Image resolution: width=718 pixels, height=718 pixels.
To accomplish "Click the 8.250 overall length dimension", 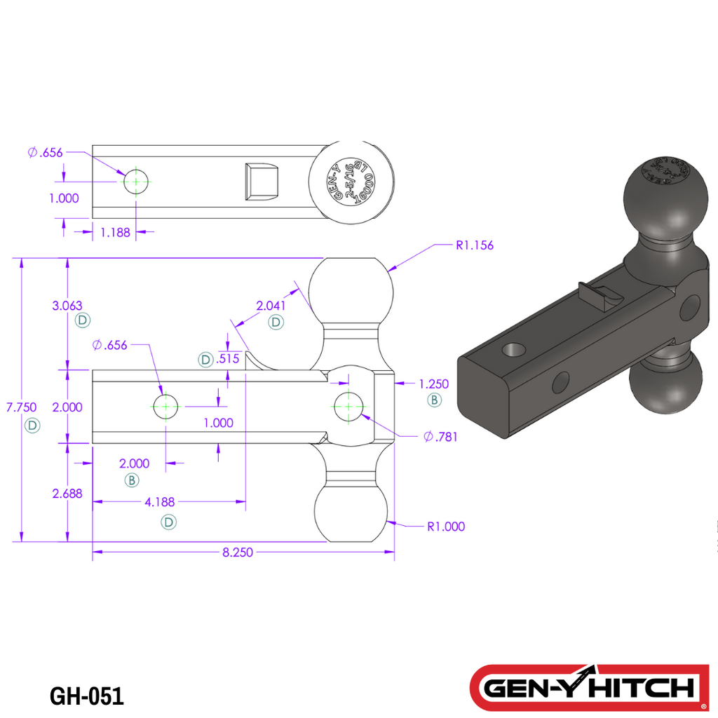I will [237, 553].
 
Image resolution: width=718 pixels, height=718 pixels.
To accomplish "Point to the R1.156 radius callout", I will [475, 245].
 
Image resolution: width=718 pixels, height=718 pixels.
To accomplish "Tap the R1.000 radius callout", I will [446, 527].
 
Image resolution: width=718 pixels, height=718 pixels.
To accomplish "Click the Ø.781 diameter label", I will [440, 437].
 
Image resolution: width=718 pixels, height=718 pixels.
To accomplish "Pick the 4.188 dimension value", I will [160, 502].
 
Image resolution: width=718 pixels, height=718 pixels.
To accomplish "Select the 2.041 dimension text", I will [270, 306].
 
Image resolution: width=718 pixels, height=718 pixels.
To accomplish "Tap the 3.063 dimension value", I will [67, 306].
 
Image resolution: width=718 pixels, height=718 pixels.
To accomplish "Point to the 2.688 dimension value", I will [67, 494].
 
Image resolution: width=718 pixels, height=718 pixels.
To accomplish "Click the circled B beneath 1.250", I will [434, 400].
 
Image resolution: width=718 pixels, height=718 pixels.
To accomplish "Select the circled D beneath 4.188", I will [168, 522].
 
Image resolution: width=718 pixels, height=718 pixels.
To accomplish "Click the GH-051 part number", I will [87, 696].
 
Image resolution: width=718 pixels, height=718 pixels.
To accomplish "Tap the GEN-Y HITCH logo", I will [589, 687].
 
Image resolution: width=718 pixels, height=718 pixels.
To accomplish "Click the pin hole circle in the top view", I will [136, 182].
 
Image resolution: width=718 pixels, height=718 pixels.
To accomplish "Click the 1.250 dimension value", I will [433, 384].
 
